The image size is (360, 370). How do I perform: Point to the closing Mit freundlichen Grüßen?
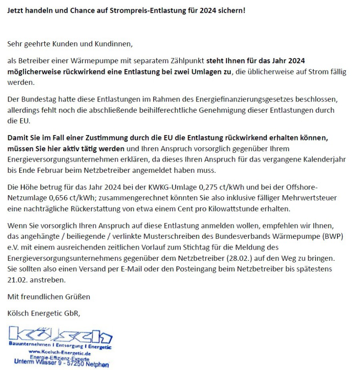[49, 296]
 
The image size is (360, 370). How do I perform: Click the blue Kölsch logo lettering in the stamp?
[60, 334]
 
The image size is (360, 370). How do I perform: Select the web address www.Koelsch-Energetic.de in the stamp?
[60, 352]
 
